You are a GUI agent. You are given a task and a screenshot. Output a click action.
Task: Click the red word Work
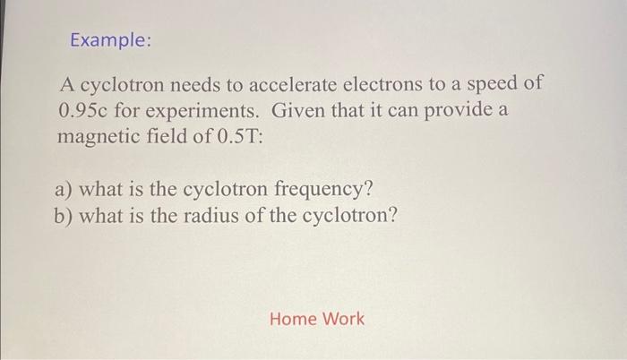343,319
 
